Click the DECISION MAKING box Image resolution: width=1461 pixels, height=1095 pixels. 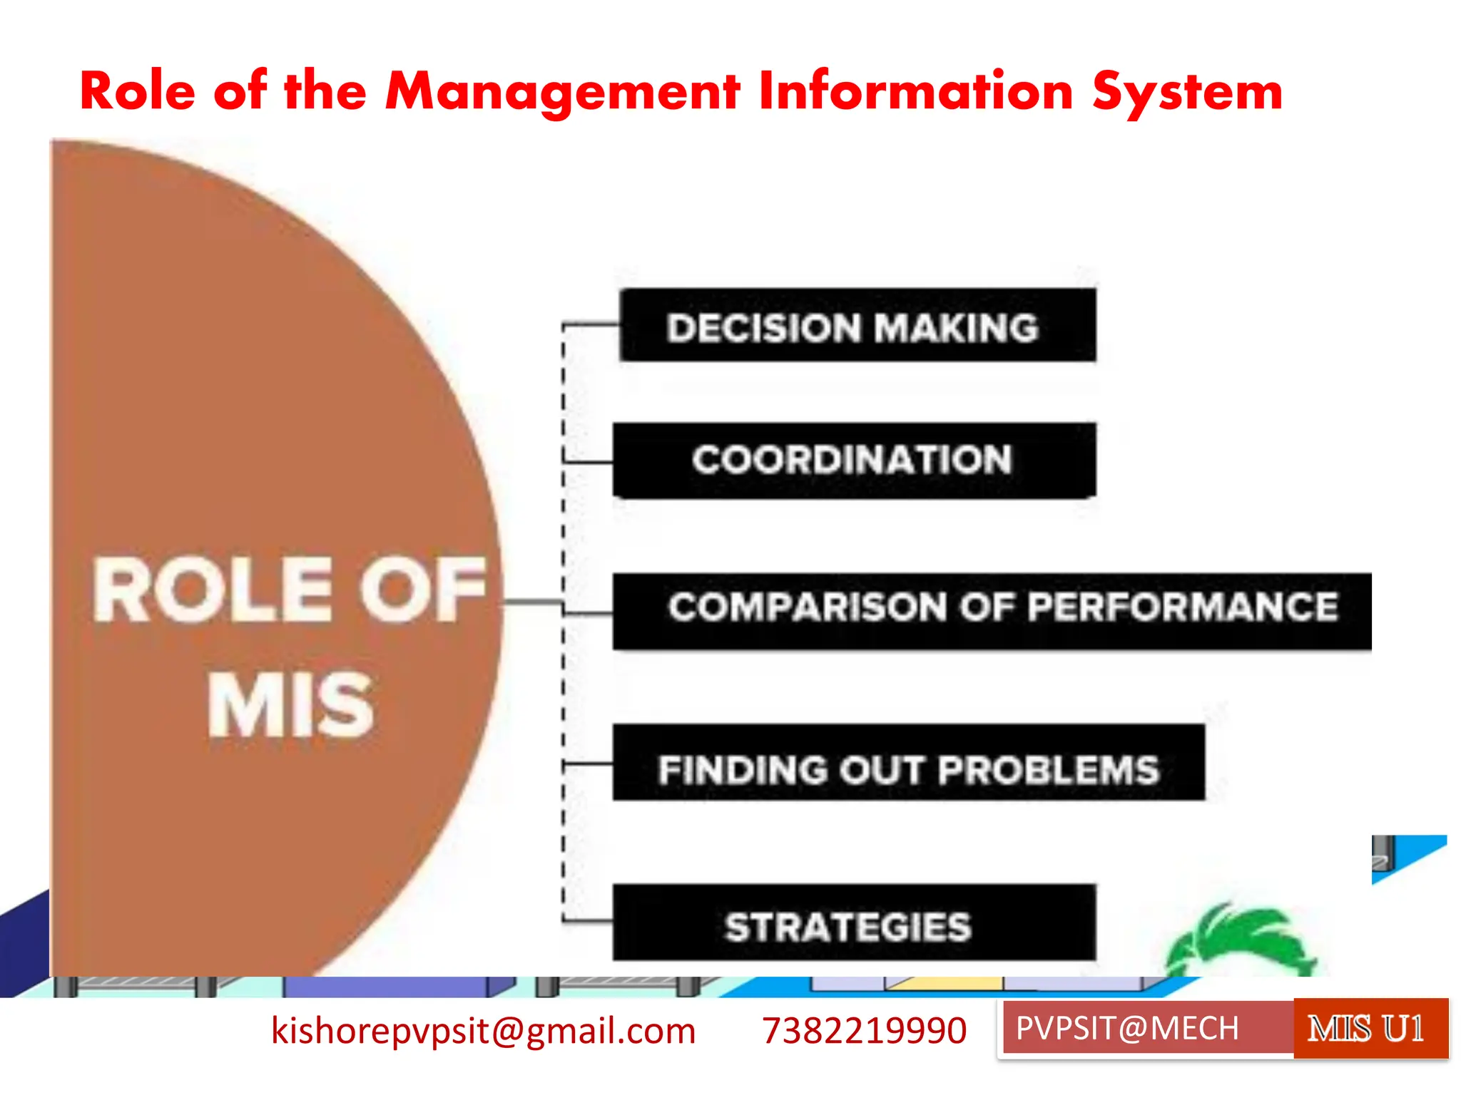click(x=857, y=326)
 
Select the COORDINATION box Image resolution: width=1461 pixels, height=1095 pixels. click(x=854, y=460)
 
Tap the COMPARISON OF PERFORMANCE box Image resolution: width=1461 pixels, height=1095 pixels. click(x=992, y=611)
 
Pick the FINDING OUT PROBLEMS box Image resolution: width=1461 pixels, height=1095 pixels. click(x=908, y=763)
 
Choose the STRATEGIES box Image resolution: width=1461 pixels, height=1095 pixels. click(x=854, y=922)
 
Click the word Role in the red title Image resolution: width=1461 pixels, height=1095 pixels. click(x=138, y=91)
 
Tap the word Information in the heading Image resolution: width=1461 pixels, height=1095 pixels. click(x=915, y=91)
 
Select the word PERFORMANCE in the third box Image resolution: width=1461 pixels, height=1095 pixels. click(x=1183, y=607)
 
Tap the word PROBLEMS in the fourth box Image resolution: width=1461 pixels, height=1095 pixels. click(x=1049, y=771)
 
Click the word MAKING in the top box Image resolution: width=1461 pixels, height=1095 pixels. click(x=956, y=329)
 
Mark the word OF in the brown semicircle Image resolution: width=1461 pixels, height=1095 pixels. click(x=422, y=590)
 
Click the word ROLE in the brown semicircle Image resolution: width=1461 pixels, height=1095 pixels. click(x=213, y=590)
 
